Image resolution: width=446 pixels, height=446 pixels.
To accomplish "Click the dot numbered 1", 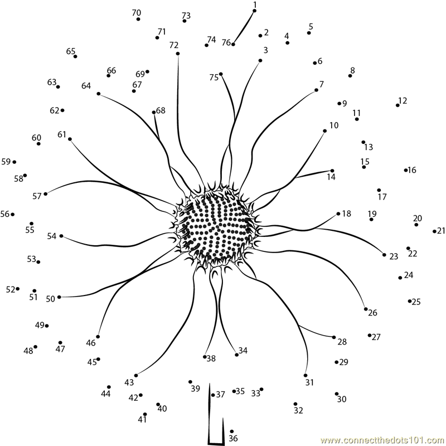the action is (255, 11).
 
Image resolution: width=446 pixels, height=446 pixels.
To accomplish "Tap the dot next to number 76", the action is (233, 45).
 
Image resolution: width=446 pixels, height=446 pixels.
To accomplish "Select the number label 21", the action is (441, 231).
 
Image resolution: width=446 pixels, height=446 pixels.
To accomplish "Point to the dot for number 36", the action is (232, 432).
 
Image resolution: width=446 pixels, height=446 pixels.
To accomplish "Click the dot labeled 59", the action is (14, 162).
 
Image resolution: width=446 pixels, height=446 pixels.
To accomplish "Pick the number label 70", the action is (137, 13).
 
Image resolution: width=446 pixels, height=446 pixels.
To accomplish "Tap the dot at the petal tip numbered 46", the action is (98, 337).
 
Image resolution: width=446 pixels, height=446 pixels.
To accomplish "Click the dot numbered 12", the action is (397, 105).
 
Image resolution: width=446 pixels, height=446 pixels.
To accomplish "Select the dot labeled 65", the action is (75, 56).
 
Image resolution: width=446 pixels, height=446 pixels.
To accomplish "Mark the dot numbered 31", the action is (306, 375).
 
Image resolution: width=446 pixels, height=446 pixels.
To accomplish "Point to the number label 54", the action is (52, 236).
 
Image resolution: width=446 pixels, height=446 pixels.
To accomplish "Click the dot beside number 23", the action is (384, 255).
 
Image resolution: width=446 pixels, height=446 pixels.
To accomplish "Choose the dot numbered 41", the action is (145, 414).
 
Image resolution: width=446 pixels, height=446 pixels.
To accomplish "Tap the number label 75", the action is (214, 77).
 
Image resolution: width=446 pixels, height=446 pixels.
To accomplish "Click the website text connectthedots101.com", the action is (383, 440).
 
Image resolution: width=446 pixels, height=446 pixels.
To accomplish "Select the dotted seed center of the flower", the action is (217, 226).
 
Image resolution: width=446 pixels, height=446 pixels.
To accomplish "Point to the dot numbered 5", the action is (309, 33).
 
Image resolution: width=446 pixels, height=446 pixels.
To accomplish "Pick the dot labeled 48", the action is (35, 347).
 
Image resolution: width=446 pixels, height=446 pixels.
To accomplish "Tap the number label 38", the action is (211, 358).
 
